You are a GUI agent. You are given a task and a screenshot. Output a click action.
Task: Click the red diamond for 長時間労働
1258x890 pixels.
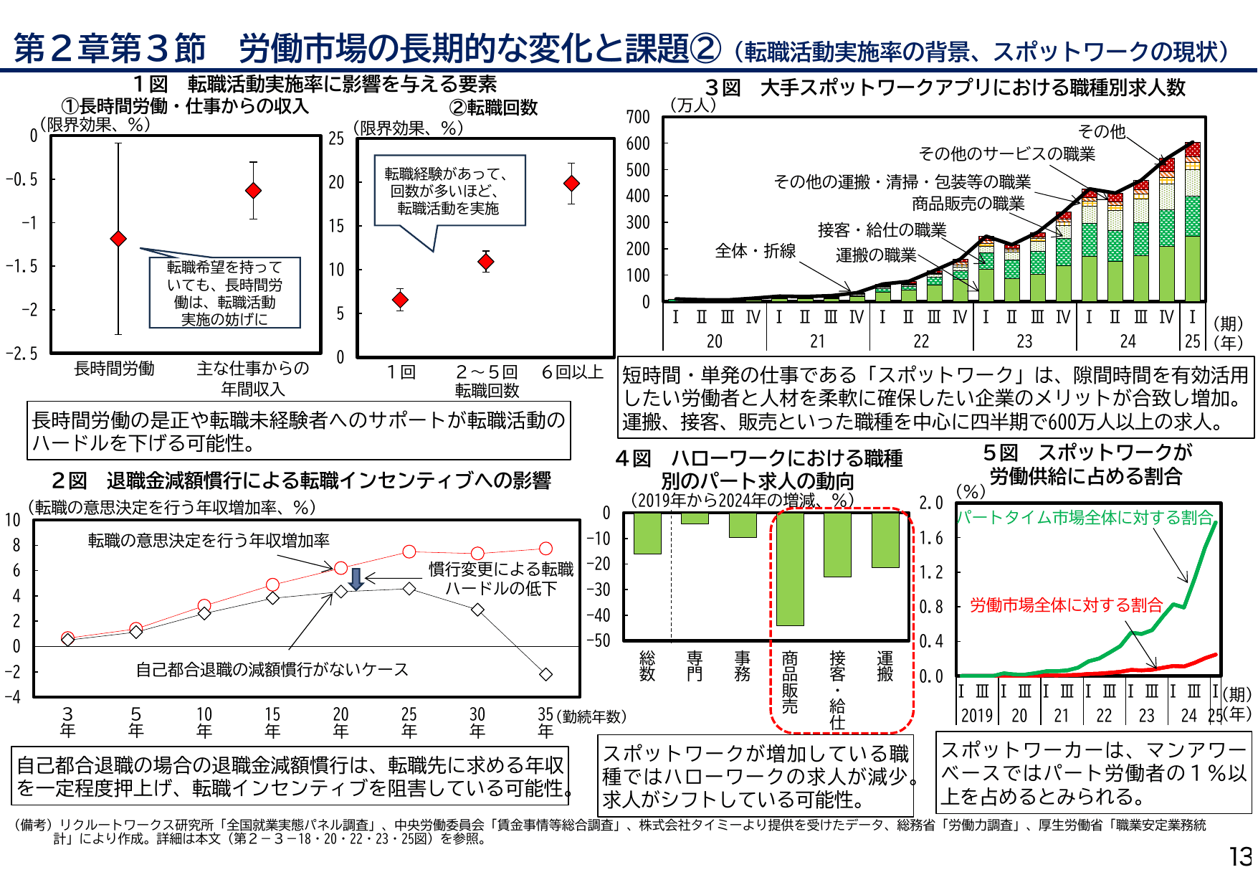pyautogui.click(x=118, y=238)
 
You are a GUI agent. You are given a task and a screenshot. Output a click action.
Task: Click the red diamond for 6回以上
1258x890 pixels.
pyautogui.click(x=571, y=184)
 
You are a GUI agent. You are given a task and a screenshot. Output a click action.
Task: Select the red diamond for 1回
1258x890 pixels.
pyautogui.click(x=400, y=300)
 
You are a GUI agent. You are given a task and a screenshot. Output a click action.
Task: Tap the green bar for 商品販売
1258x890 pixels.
pyautogui.click(x=790, y=569)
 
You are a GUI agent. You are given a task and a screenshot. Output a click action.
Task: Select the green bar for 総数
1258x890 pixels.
pyautogui.click(x=647, y=534)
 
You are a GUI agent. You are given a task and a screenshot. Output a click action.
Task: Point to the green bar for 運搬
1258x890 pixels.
pyautogui.click(x=885, y=540)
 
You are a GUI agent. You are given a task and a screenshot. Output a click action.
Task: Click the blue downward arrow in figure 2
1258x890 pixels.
pyautogui.click(x=356, y=579)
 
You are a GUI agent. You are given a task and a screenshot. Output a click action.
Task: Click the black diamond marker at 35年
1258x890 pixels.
pyautogui.click(x=545, y=674)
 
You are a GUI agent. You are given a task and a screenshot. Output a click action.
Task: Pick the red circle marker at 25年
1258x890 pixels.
pyautogui.click(x=409, y=551)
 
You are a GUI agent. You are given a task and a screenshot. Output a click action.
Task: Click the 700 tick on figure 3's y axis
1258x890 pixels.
pyautogui.click(x=637, y=117)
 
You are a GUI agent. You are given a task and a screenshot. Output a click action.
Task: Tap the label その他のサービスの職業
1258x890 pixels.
pyautogui.click(x=1006, y=153)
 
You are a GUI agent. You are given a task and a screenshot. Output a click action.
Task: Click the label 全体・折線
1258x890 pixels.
pyautogui.click(x=755, y=251)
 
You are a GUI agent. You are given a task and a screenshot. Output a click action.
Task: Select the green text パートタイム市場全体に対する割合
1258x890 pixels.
pyautogui.click(x=1084, y=517)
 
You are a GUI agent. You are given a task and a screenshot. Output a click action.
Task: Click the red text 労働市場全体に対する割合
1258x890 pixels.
pyautogui.click(x=1065, y=605)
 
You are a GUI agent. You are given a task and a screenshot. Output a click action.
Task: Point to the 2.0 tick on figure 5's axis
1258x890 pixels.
pyautogui.click(x=930, y=503)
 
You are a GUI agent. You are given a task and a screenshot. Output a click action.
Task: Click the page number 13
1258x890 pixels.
pyautogui.click(x=1240, y=857)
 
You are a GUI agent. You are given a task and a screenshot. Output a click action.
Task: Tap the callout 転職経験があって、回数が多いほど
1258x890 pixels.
pyautogui.click(x=449, y=191)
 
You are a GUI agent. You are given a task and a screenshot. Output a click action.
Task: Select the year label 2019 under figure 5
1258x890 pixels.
pyautogui.click(x=976, y=715)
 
